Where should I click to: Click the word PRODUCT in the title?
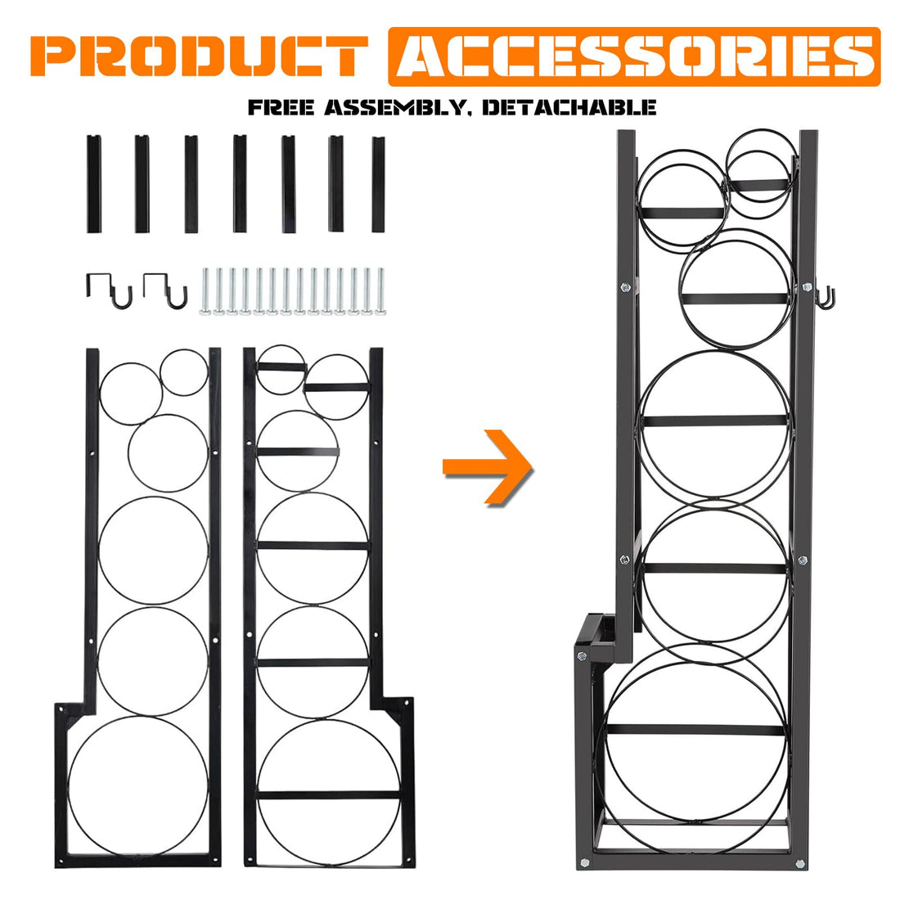coord(199,56)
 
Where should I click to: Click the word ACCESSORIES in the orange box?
coord(634,56)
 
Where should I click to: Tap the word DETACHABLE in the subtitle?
coord(569,107)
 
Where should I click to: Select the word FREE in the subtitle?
coord(281,107)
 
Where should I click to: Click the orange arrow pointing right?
coord(488,466)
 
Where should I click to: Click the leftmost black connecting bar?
coord(94,183)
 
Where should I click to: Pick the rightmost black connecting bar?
coord(378,184)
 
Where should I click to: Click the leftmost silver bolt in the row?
coord(205,291)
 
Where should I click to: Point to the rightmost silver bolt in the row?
coord(380,291)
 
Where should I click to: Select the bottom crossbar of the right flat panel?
coord(328,795)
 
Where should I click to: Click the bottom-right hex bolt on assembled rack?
coord(799,862)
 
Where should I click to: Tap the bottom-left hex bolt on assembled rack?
coord(584,862)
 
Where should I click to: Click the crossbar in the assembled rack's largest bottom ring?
coord(695,730)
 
